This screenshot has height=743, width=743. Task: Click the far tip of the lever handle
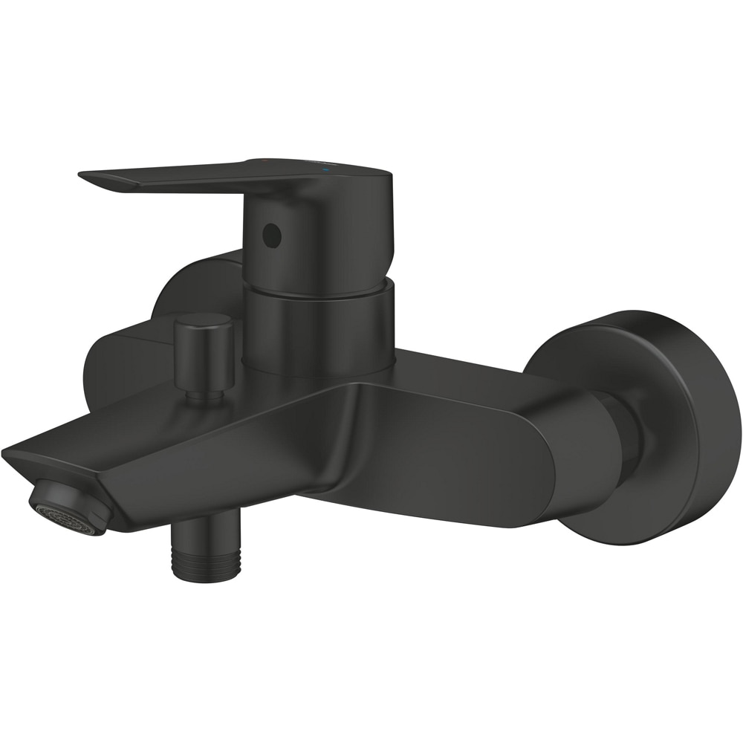83,175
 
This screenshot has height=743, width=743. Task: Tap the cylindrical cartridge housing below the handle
319,327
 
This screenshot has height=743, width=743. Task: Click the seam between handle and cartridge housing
319,295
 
